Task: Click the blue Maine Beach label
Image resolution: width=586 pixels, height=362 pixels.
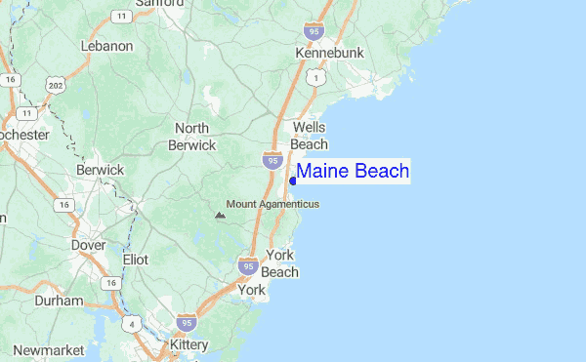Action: [x=353, y=172]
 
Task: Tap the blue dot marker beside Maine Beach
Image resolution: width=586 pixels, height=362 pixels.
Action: [x=293, y=181]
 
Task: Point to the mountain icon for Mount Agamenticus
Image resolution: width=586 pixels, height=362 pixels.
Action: [x=219, y=213]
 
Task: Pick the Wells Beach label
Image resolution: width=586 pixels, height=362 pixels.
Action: [x=310, y=135]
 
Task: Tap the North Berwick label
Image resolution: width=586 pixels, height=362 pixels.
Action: [x=192, y=137]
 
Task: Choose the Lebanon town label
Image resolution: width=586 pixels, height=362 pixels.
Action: [x=107, y=46]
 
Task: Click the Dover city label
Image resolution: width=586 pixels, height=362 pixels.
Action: [x=88, y=246]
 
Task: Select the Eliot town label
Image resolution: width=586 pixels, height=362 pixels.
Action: [x=135, y=261]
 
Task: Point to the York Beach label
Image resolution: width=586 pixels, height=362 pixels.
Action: [x=279, y=263]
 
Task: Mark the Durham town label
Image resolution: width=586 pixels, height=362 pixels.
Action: [x=59, y=302]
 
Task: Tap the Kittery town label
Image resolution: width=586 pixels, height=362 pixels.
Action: [x=188, y=345]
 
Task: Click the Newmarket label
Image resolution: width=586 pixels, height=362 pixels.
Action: [x=46, y=349]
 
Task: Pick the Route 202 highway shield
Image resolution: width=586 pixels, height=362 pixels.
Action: [x=57, y=86]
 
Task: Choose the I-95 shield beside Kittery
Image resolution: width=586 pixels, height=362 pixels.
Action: [x=187, y=322]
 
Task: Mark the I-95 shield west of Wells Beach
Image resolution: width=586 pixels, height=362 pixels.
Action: [x=272, y=156]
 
